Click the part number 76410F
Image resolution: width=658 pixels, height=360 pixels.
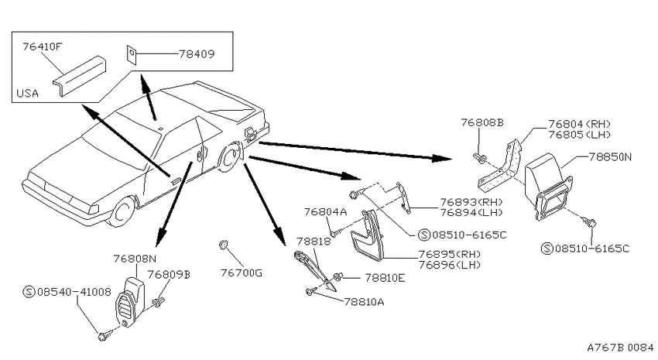42,46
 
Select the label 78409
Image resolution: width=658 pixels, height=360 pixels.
197,54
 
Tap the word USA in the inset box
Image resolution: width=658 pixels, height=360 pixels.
27,93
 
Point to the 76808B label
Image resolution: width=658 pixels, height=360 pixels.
482,122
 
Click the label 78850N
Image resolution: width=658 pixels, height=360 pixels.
610,157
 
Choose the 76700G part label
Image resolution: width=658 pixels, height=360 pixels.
242,273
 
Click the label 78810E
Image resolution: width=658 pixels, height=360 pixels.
385,278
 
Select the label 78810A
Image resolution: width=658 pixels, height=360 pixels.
364,302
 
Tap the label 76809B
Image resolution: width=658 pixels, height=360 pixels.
169,274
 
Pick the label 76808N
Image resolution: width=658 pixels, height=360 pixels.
135,259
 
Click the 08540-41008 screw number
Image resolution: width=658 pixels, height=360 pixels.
74,292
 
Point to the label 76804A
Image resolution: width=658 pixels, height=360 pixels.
326,212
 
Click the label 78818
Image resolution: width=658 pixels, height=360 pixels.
314,242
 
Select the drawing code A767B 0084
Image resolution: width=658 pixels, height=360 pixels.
620,348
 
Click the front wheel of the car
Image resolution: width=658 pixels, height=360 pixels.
122,212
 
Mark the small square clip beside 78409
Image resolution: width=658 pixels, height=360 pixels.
132,54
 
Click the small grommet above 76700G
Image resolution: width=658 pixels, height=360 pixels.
223,244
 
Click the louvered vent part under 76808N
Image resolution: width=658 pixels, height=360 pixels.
129,301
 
